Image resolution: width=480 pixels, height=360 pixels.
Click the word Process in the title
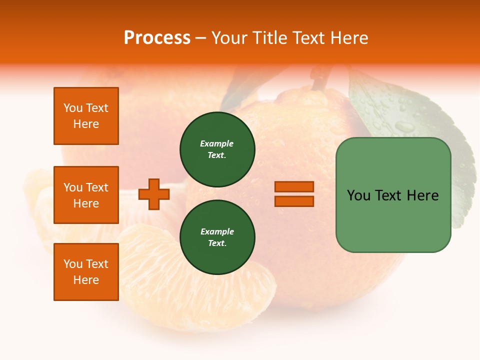pyautogui.click(x=157, y=38)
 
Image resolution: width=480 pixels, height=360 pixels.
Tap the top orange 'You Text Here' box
pyautogui.click(x=86, y=116)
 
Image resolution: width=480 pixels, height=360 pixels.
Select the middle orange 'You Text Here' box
pyautogui.click(x=86, y=195)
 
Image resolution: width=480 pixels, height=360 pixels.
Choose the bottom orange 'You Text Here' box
pyautogui.click(x=86, y=271)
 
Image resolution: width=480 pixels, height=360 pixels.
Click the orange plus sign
pyautogui.click(x=154, y=194)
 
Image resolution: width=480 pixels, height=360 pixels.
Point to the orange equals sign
pyautogui.click(x=294, y=194)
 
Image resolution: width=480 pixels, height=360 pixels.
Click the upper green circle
pyautogui.click(x=217, y=149)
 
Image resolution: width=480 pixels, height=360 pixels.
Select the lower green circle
pyautogui.click(x=217, y=237)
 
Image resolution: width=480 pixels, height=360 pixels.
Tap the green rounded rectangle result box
pyautogui.click(x=393, y=195)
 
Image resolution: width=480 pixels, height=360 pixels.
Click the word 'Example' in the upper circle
pyautogui.click(x=216, y=143)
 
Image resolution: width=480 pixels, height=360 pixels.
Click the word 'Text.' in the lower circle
pyautogui.click(x=217, y=243)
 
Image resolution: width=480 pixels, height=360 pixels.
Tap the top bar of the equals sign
pyautogui.click(x=294, y=187)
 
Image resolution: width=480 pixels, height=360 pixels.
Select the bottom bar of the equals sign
pyautogui.click(x=294, y=201)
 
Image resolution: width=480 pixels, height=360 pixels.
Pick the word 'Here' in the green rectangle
pyautogui.click(x=422, y=195)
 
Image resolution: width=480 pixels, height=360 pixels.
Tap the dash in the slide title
pyautogui.click(x=201, y=38)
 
